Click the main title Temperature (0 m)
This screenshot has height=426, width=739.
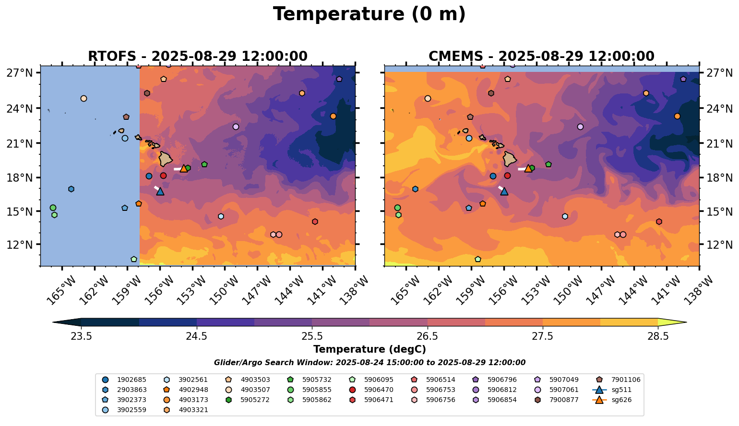(369, 14)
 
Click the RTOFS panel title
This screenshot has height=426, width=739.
(197, 56)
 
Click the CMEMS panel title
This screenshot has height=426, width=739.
(541, 56)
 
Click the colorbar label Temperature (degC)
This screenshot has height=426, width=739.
(369, 349)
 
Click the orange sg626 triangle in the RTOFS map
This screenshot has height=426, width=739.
(184, 168)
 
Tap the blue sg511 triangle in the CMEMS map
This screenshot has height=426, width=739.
(504, 191)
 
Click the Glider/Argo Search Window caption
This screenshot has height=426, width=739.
(369, 363)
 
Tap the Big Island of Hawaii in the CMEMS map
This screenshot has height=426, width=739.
(510, 159)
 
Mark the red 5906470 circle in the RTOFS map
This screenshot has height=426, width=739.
(163, 176)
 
